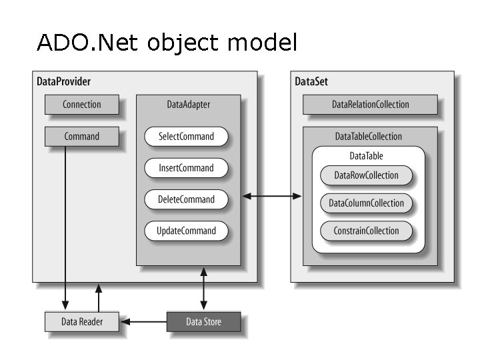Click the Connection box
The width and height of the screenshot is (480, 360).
81,105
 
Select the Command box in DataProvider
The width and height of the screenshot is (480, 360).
81,137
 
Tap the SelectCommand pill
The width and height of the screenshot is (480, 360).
186,137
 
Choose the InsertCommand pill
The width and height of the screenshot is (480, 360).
186,168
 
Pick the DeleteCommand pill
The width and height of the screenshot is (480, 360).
186,199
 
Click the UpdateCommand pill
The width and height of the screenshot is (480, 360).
186,231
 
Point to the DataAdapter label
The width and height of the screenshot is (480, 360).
188,105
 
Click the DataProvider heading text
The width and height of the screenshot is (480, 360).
63,81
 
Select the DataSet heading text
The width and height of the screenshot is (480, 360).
311,81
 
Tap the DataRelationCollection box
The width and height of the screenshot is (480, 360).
370,105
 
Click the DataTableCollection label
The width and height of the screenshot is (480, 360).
368,137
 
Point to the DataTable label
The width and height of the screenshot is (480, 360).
366,156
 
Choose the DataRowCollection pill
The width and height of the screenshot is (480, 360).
366,175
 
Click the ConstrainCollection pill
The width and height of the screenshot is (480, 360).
366,231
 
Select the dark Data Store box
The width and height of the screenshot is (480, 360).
203,322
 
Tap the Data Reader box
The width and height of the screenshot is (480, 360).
81,322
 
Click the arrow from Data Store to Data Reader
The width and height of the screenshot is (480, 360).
143,322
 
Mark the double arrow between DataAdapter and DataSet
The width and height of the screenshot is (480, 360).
272,196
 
